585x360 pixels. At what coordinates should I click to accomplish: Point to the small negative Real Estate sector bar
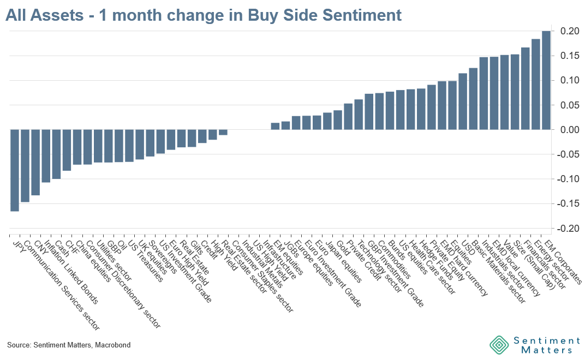pyautogui.click(x=223, y=132)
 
